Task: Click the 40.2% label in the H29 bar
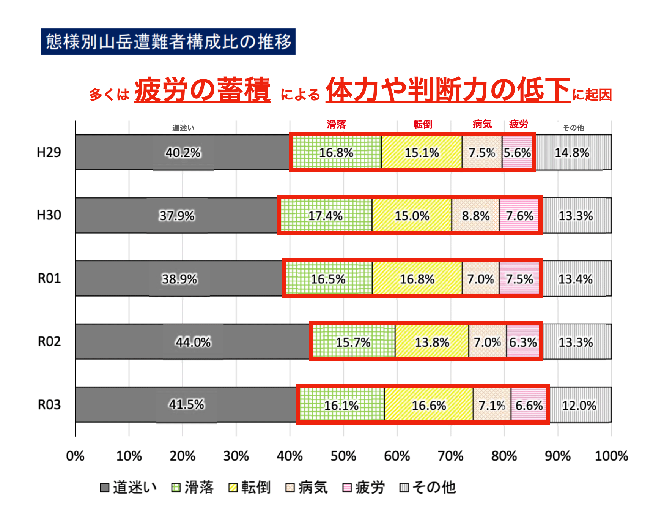click(183, 153)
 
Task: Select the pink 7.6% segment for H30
click(519, 216)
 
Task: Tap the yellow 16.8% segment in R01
click(417, 279)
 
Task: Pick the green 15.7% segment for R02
click(353, 342)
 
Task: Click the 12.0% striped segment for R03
click(579, 405)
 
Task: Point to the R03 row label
click(49, 405)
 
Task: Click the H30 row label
click(49, 215)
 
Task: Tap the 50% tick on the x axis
click(343, 456)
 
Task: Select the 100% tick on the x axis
click(611, 456)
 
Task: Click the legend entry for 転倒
click(250, 488)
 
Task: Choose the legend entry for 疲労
click(364, 488)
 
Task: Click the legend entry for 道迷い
click(129, 488)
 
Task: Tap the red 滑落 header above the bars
click(336, 124)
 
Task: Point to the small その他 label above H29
click(573, 128)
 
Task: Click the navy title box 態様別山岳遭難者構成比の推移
click(168, 42)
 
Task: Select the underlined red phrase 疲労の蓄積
click(202, 90)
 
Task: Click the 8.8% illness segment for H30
click(475, 216)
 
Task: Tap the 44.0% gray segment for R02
click(193, 342)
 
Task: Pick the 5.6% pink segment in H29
click(517, 153)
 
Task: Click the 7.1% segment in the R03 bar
click(492, 405)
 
